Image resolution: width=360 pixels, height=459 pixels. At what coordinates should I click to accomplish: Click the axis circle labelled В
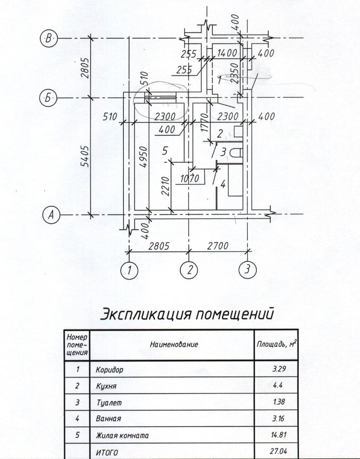point(48,39)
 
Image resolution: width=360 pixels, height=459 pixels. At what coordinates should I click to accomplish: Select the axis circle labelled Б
point(48,98)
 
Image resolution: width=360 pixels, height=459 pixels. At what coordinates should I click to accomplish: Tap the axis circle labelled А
point(51,215)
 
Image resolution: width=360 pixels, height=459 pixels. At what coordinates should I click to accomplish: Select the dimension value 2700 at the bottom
point(218,246)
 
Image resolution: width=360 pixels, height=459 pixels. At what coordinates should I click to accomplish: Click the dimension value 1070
point(190,179)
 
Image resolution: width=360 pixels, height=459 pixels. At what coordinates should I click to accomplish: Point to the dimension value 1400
point(227,54)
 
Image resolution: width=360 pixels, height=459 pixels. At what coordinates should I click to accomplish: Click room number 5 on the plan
point(165,150)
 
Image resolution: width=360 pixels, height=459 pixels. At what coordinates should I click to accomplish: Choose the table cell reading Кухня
point(106,386)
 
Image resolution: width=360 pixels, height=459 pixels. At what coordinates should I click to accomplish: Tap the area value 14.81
point(276,435)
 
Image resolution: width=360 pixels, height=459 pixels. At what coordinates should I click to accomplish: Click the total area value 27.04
point(276,451)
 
